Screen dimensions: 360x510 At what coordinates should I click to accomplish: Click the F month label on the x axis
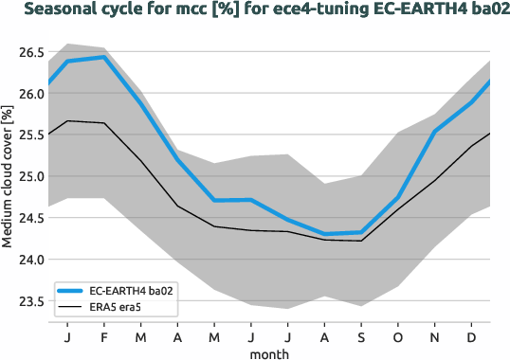click(103, 336)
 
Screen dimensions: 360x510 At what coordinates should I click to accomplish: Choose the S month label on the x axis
click(361, 336)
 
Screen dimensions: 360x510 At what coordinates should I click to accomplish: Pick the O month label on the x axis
click(398, 336)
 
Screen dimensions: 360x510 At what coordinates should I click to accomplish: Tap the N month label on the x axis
click(435, 336)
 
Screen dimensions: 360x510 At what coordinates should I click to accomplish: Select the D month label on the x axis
click(472, 336)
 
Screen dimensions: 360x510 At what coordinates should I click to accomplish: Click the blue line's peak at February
click(103, 57)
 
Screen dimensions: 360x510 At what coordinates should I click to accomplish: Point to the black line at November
click(435, 180)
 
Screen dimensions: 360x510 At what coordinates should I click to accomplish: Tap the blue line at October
click(398, 197)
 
